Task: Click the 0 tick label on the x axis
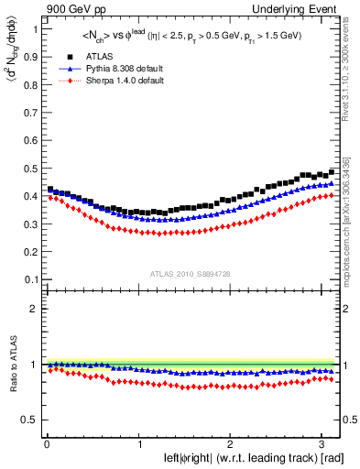46,444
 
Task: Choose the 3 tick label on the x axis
324,444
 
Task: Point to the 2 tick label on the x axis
232,444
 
